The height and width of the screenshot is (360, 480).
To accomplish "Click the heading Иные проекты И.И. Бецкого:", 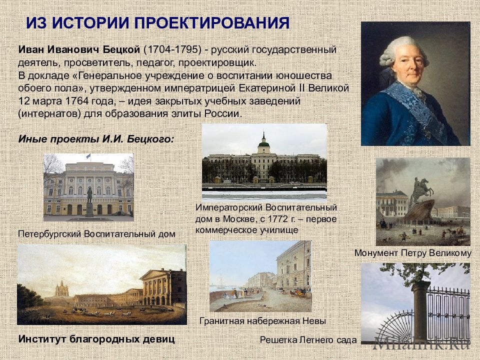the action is pyautogui.click(x=96, y=139).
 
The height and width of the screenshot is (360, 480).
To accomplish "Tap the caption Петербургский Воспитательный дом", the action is pyautogui.click(x=96, y=234).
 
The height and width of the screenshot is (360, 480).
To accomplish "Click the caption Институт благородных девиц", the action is pyautogui.click(x=96, y=339).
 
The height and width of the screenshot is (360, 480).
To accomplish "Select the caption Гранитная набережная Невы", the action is pyautogui.click(x=262, y=321).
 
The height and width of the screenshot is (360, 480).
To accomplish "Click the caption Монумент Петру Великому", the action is pyautogui.click(x=413, y=253).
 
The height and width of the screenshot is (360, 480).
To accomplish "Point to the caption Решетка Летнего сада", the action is pyautogui.click(x=308, y=340).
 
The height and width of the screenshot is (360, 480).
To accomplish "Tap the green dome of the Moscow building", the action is pyautogui.click(x=263, y=143).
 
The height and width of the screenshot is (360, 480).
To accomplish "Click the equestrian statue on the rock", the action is pyautogui.click(x=423, y=189).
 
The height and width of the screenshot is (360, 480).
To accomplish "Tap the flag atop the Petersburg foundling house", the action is pyautogui.click(x=88, y=156).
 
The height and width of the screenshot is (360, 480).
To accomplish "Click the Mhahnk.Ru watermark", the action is pyautogui.click(x=422, y=342).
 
